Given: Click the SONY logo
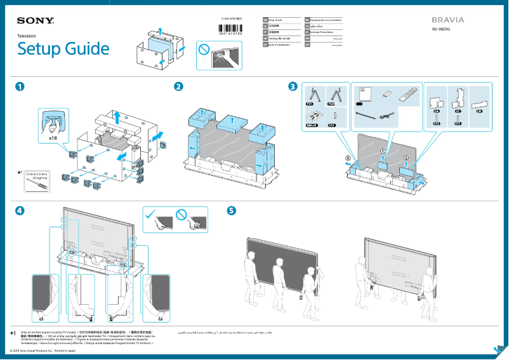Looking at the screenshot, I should [x=36, y=21].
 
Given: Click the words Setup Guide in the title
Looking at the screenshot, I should [x=63, y=49].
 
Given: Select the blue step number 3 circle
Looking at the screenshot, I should [x=292, y=86].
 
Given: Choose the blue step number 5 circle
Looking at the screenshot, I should [x=232, y=210].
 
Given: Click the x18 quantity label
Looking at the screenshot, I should [x=53, y=137].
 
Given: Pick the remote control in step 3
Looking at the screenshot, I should [x=405, y=96].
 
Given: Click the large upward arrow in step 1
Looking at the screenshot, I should [x=118, y=117].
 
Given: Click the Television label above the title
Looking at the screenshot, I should [x=27, y=36].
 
